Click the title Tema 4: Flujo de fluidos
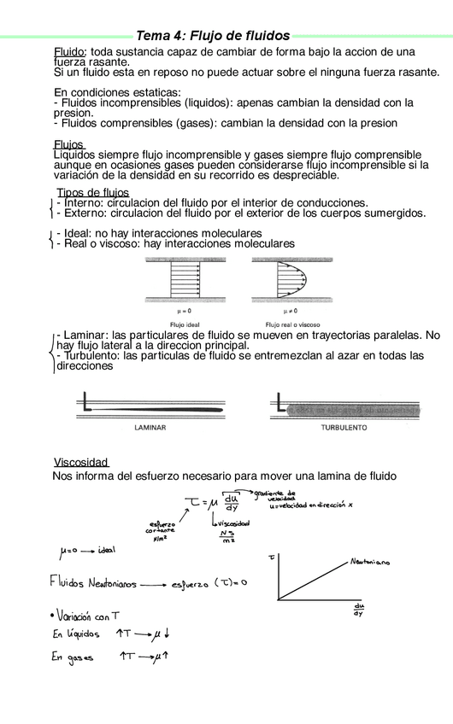[213, 36]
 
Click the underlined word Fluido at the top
[69, 52]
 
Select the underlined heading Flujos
[69, 144]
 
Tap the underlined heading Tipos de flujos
[92, 192]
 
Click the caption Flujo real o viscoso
[292, 324]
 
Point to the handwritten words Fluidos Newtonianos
[91, 583]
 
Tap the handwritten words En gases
[73, 658]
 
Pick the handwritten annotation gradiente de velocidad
[280, 495]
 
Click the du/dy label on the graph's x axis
[359, 610]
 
